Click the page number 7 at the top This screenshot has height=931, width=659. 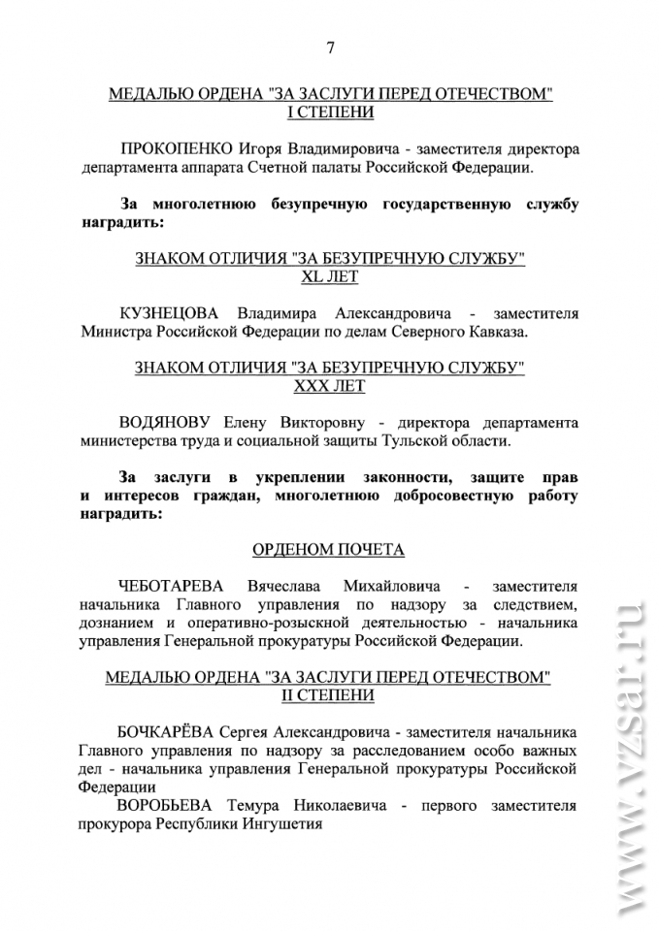pyautogui.click(x=331, y=47)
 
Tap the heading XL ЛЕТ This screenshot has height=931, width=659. pyautogui.click(x=330, y=276)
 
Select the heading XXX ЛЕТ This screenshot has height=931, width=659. pyautogui.click(x=330, y=385)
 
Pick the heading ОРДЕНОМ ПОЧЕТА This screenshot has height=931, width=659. pyautogui.click(x=329, y=549)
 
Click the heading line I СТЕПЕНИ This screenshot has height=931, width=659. pyautogui.click(x=330, y=112)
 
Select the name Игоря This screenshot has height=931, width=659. pyautogui.click(x=262, y=149)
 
